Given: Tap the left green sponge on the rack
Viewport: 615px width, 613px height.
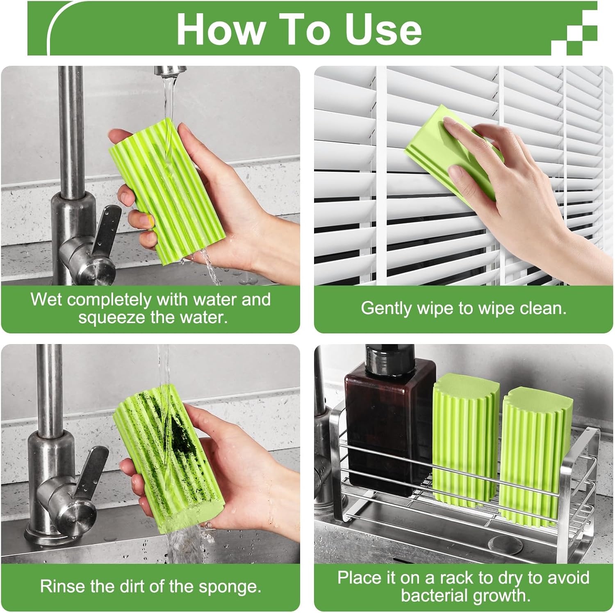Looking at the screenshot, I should click(465, 439).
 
